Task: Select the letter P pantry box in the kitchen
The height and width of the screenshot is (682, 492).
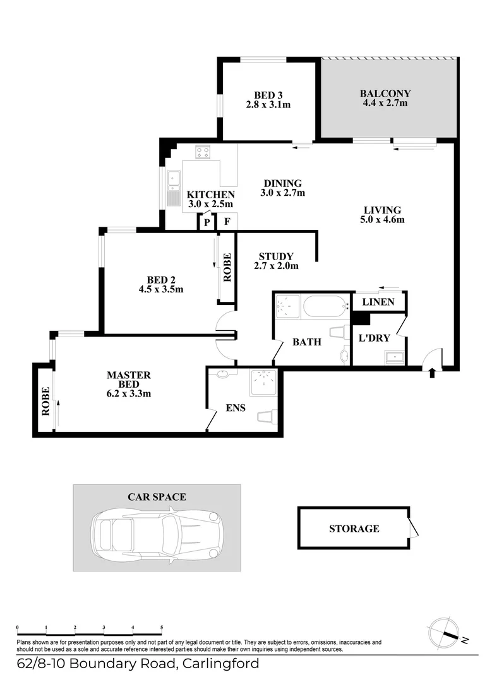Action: point(206,222)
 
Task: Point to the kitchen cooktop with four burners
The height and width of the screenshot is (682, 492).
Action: point(203,152)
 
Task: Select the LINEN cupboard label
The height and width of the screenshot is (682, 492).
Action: point(378,302)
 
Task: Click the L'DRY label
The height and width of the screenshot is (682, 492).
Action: point(375,338)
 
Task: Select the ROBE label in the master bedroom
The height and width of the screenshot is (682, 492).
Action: point(45,401)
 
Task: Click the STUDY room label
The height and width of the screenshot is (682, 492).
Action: point(276,256)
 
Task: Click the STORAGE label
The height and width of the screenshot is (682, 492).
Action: point(354,529)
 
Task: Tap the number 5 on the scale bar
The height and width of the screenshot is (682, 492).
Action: point(162,628)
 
